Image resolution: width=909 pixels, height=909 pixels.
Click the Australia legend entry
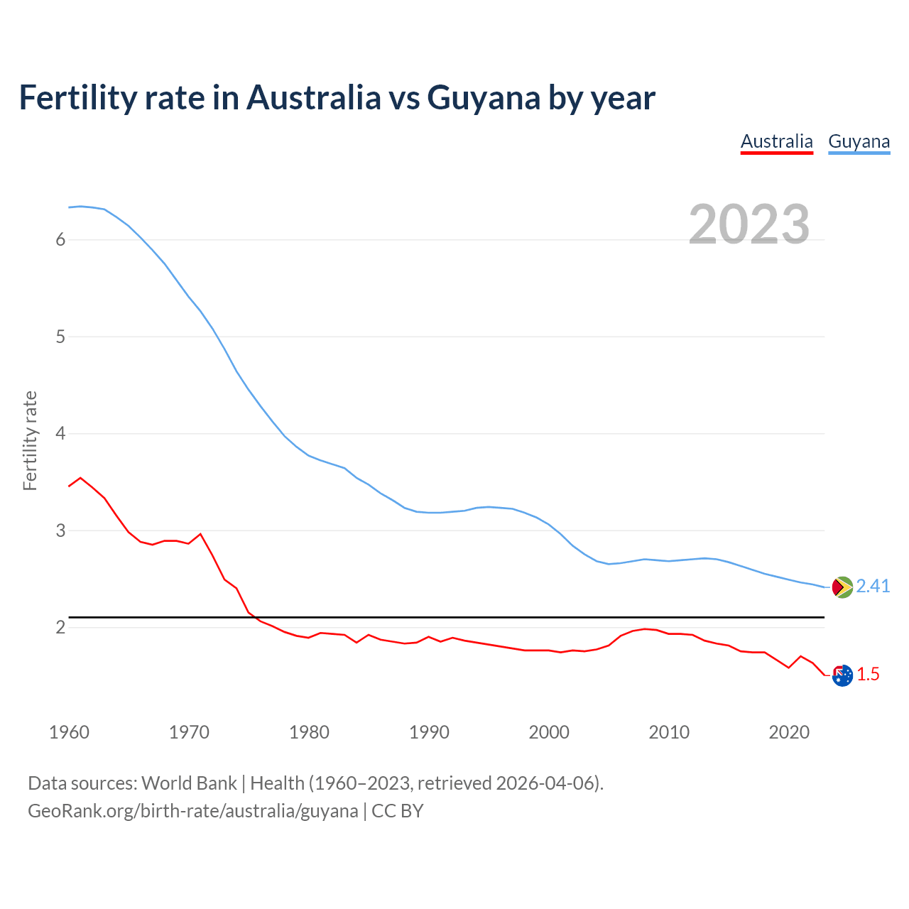coord(776,141)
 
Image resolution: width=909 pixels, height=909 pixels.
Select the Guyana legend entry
coord(859,141)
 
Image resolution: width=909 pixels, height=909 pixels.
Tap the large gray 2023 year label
coord(749,224)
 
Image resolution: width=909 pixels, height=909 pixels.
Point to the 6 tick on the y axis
coord(60,240)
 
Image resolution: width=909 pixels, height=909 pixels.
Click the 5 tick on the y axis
coord(60,337)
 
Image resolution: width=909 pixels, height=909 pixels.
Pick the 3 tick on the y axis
coord(60,530)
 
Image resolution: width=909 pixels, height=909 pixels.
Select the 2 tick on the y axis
coord(60,628)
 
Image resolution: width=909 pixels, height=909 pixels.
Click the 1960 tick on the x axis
coord(69,732)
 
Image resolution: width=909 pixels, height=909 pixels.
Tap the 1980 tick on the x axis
coord(309,732)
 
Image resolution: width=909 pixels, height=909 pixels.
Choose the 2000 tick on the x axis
coord(549,732)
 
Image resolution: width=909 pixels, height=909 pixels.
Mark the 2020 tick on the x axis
coord(789,732)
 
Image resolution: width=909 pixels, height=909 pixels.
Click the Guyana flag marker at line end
coord(842,587)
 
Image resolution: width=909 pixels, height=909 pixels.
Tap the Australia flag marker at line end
coord(842,676)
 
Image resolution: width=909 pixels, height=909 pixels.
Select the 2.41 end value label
coord(873,586)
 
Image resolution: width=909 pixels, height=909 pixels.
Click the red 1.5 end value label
coord(868,675)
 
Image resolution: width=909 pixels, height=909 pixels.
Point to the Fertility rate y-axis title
coord(30,440)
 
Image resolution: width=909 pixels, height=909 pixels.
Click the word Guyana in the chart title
coord(484,97)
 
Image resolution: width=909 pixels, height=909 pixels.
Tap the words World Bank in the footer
coord(189,783)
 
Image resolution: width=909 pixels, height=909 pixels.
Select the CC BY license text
coord(398,811)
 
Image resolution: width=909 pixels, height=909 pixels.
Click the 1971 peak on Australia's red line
coord(200,533)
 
